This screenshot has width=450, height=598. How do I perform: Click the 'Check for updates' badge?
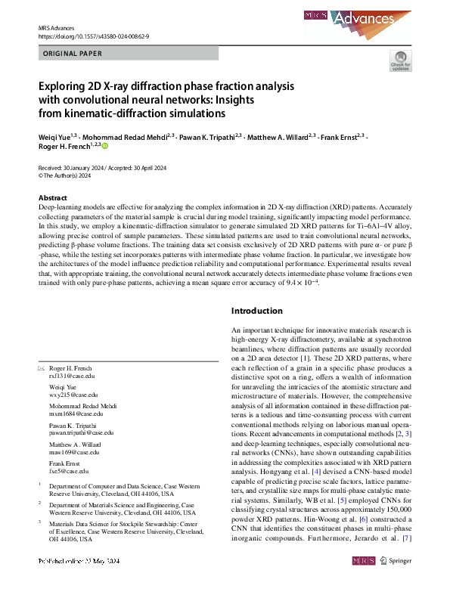coord(400,62)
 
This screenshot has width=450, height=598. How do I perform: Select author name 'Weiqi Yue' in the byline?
coord(52,138)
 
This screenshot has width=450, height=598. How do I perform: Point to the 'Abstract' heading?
coord(53,197)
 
